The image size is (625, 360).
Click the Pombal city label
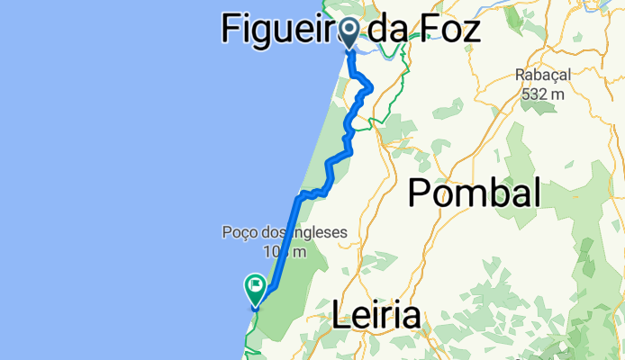click(x=475, y=193)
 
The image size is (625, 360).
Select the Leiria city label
click(x=376, y=316)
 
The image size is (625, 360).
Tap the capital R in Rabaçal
click(x=521, y=76)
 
